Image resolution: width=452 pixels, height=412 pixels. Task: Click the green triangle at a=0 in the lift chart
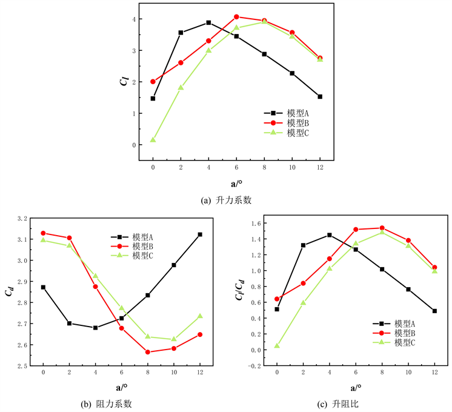pyautogui.click(x=153, y=140)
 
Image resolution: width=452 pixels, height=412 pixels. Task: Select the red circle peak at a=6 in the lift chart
pyautogui.click(x=236, y=17)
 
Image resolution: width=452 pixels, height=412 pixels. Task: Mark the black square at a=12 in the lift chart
pyautogui.click(x=320, y=96)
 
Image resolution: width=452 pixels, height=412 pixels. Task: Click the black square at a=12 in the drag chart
pyautogui.click(x=200, y=234)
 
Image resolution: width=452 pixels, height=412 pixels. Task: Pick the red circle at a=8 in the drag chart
pyautogui.click(x=148, y=352)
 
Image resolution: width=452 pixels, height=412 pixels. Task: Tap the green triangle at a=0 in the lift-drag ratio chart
pyautogui.click(x=277, y=346)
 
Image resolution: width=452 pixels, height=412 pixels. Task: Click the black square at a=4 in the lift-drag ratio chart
pyautogui.click(x=330, y=235)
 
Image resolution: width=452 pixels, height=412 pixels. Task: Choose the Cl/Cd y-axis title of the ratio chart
pyautogui.click(x=239, y=291)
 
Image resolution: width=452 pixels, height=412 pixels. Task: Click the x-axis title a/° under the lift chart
pyautogui.click(x=236, y=183)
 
